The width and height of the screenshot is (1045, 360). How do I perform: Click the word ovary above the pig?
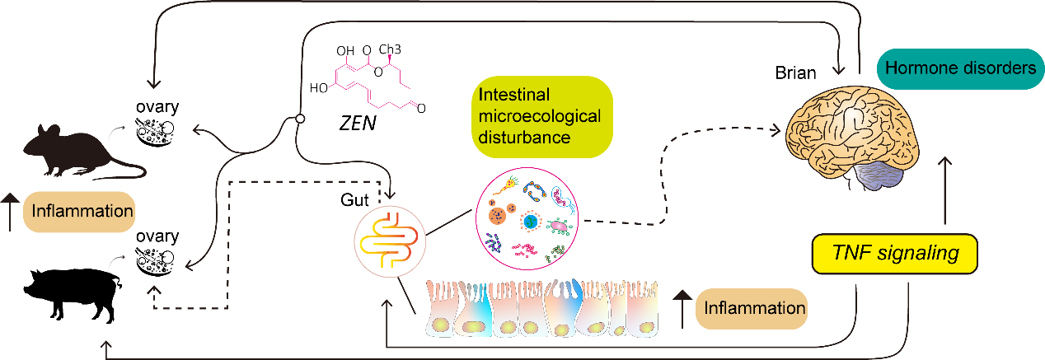[158, 236]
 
